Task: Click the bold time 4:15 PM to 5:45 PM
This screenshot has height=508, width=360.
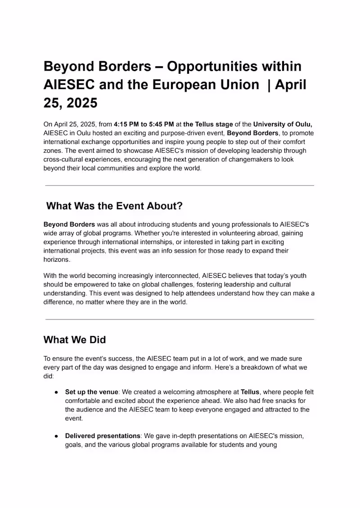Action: coord(144,125)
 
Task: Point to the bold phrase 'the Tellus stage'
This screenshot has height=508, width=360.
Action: coord(208,125)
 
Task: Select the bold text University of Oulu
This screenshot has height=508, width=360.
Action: coord(283,125)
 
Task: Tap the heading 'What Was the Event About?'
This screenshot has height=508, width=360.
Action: coord(114,206)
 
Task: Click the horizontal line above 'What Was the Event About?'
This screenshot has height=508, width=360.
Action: coord(180,185)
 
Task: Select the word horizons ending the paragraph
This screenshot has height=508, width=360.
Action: coord(57,259)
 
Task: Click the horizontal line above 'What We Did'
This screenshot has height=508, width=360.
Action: coord(180,320)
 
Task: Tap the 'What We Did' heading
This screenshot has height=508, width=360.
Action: coord(75,340)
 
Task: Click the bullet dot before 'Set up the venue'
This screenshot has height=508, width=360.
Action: coord(56,392)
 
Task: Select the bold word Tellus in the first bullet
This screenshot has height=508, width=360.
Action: coord(250,392)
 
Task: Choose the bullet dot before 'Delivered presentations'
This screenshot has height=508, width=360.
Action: coord(56,436)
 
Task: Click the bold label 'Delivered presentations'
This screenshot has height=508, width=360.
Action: coord(103,436)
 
